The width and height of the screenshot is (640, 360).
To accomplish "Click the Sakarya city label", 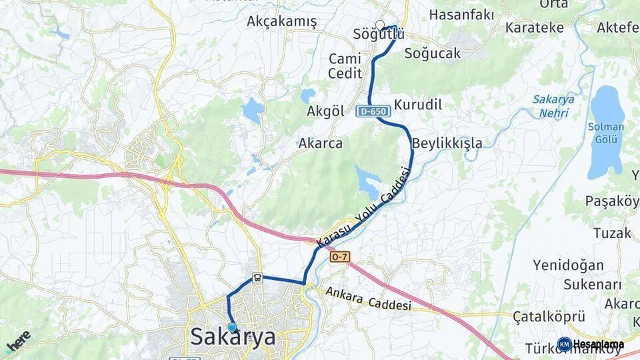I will click(x=233, y=337).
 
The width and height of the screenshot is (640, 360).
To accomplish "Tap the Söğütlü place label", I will click(x=379, y=34).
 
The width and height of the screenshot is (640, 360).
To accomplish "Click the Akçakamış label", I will click(x=281, y=21).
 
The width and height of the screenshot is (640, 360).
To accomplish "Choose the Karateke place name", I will click(x=534, y=28).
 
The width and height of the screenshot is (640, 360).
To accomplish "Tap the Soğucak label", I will click(x=432, y=54).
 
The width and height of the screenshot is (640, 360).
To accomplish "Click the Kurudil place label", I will click(x=418, y=105).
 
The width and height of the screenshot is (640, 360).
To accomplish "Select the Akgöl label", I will click(x=325, y=111).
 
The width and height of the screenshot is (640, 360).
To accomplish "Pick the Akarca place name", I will click(x=320, y=143).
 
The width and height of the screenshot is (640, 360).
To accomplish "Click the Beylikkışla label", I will click(x=447, y=143).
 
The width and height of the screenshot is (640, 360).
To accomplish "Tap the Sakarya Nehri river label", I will click(x=553, y=106).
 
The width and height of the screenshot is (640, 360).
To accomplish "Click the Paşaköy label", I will click(x=611, y=201).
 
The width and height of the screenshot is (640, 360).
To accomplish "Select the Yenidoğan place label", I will click(x=568, y=265).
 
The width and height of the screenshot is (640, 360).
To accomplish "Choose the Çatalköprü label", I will click(x=549, y=316).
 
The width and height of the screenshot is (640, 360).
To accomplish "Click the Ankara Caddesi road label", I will click(x=368, y=301).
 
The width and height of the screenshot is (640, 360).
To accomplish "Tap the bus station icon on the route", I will click(x=257, y=278).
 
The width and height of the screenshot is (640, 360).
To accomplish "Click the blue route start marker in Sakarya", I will click(x=232, y=327).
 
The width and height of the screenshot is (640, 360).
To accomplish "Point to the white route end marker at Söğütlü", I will click(x=380, y=25).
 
